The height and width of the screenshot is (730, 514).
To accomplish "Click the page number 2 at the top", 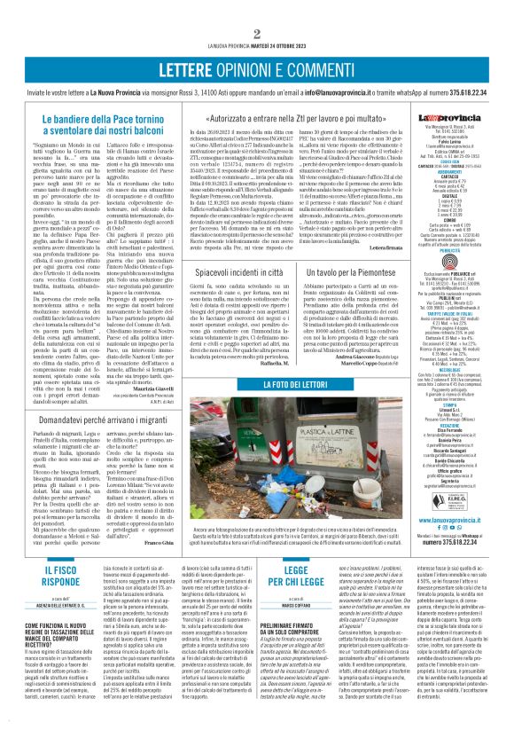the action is tap(257, 10).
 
